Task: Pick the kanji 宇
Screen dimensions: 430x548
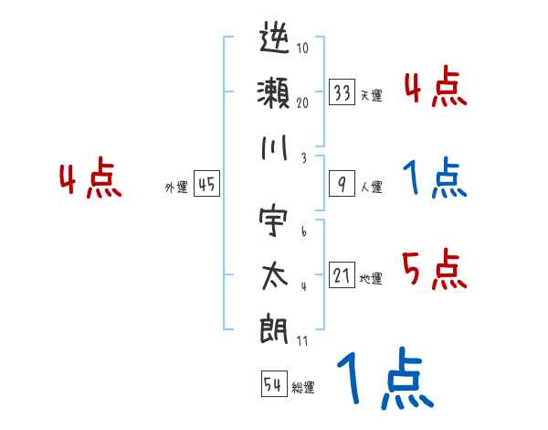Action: click(275, 223)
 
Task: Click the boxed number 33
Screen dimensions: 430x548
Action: click(342, 93)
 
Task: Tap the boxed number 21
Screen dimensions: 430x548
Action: click(342, 275)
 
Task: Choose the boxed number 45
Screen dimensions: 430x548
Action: click(206, 185)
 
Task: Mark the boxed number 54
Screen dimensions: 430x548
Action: click(273, 384)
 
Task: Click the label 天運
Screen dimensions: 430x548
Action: click(371, 95)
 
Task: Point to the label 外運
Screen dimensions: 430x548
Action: click(176, 187)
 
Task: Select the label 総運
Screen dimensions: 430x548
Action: click(302, 386)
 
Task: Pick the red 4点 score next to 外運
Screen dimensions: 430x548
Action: click(90, 179)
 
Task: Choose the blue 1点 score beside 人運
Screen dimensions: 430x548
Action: click(433, 179)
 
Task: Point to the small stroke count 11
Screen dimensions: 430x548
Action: click(302, 341)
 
